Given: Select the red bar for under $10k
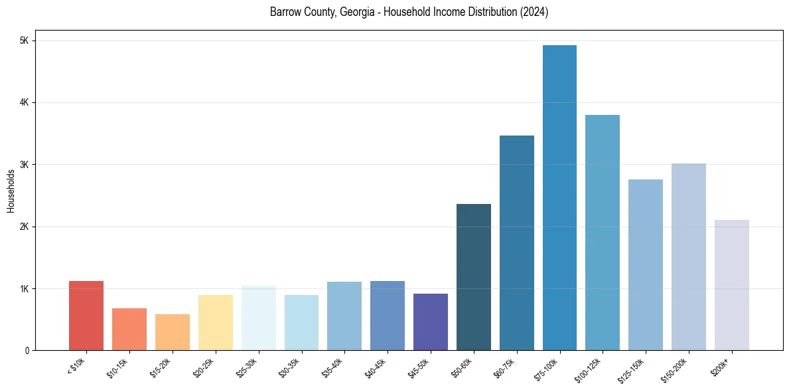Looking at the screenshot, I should click(86, 316).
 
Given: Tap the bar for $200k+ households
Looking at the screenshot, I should click(732, 285).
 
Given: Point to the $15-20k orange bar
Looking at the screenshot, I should click(173, 332).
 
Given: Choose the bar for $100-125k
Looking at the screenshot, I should click(603, 233).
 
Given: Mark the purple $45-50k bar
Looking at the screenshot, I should click(431, 322).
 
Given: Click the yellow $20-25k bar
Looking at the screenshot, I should click(216, 323).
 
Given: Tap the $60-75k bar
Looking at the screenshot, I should click(517, 243).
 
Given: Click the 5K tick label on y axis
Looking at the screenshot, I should click(25, 41).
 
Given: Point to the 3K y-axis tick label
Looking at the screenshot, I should click(25, 165).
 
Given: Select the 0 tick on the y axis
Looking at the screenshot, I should click(27, 350).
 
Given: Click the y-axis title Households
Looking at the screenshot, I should click(11, 191).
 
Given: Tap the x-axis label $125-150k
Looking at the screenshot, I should click(635, 367).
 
